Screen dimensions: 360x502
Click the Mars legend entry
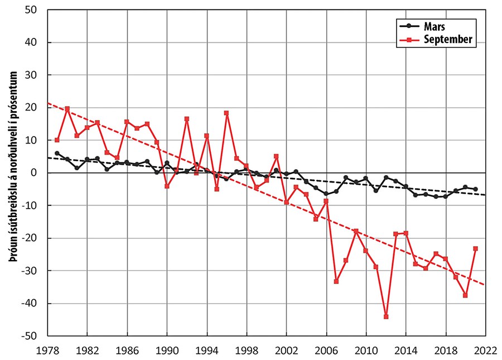click(x=436, y=26)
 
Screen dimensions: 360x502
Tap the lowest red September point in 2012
click(x=386, y=316)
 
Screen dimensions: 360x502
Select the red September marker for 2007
click(x=336, y=281)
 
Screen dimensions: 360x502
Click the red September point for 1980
click(x=67, y=109)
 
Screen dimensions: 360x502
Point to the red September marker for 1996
click(x=226, y=113)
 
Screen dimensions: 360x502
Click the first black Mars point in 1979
click(x=57, y=153)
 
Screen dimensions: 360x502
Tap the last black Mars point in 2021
click(x=475, y=189)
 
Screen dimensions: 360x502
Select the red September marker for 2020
click(x=465, y=295)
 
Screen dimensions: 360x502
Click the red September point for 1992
click(x=187, y=119)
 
